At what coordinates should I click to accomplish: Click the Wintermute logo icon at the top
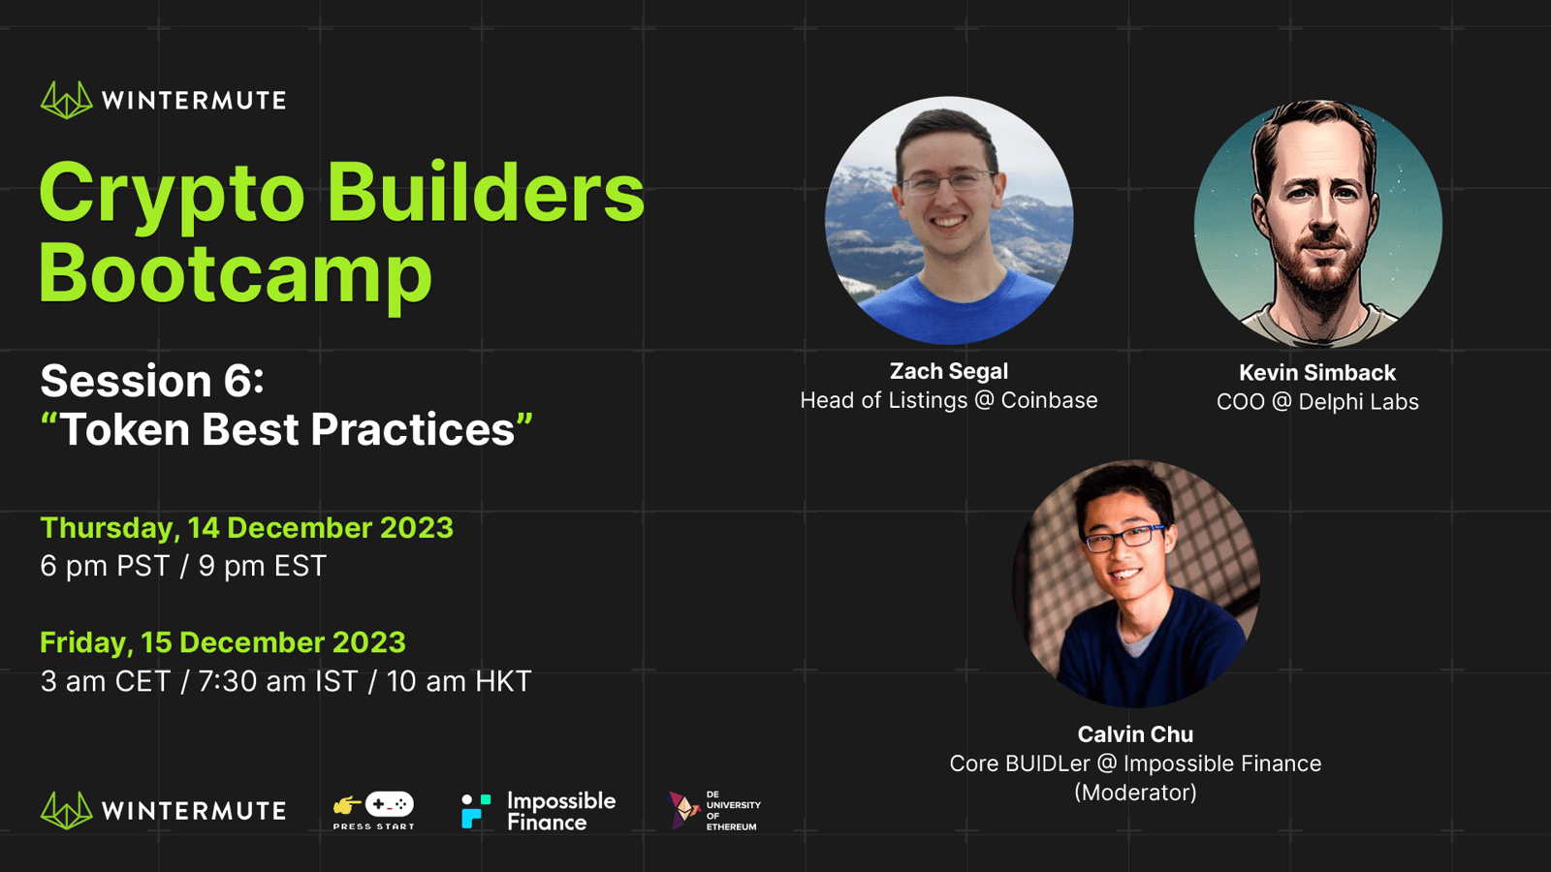(x=67, y=101)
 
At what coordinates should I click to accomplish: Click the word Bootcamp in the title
(x=237, y=274)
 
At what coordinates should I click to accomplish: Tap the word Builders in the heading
(x=486, y=192)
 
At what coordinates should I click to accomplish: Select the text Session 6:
(x=152, y=381)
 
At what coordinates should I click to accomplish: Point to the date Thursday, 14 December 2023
(x=246, y=528)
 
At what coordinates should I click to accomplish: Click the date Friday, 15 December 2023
(x=223, y=643)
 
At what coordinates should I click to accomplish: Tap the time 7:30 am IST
(x=277, y=682)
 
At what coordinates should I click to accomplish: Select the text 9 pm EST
(x=263, y=566)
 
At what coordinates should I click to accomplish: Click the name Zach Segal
(x=949, y=372)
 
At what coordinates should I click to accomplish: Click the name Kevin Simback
(x=1317, y=373)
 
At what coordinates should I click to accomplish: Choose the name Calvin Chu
(x=1135, y=734)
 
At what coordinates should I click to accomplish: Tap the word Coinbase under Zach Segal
(x=1049, y=401)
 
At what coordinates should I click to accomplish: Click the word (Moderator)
(x=1135, y=793)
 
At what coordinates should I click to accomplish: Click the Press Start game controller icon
(x=389, y=804)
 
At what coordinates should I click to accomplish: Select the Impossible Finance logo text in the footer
(x=561, y=811)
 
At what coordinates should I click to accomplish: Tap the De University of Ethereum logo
(x=713, y=810)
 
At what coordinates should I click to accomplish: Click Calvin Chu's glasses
(x=1124, y=537)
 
